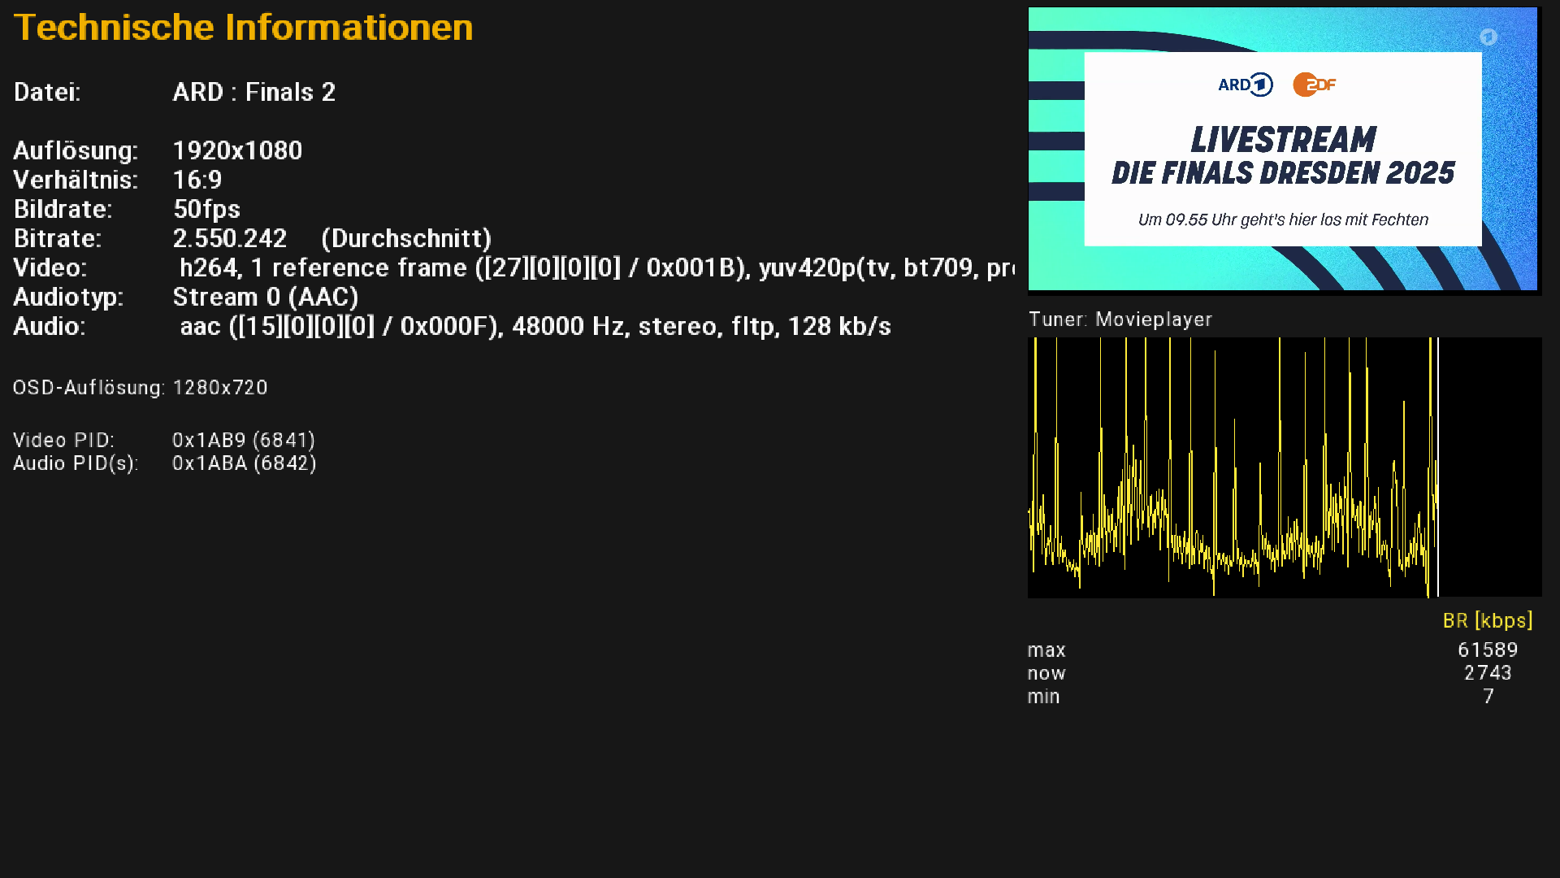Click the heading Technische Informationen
tap(243, 28)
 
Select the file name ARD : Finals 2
tap(253, 92)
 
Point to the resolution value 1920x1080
tap(237, 150)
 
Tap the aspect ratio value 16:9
tap(197, 180)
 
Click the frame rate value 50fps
tap(206, 210)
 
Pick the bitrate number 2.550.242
tap(230, 238)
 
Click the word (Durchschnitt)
tap(406, 239)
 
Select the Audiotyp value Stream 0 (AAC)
tap(266, 298)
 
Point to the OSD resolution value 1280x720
tap(220, 388)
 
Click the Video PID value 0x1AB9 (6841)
tap(244, 440)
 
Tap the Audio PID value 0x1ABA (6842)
tap(245, 463)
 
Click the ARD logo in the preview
tap(1246, 85)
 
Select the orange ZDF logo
tap(1315, 85)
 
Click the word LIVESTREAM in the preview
tap(1284, 140)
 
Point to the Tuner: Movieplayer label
tap(1120, 319)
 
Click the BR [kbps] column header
tap(1488, 621)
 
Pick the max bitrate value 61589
tap(1488, 650)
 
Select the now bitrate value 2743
tap(1488, 673)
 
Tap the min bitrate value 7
tap(1488, 697)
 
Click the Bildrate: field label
tap(63, 210)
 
